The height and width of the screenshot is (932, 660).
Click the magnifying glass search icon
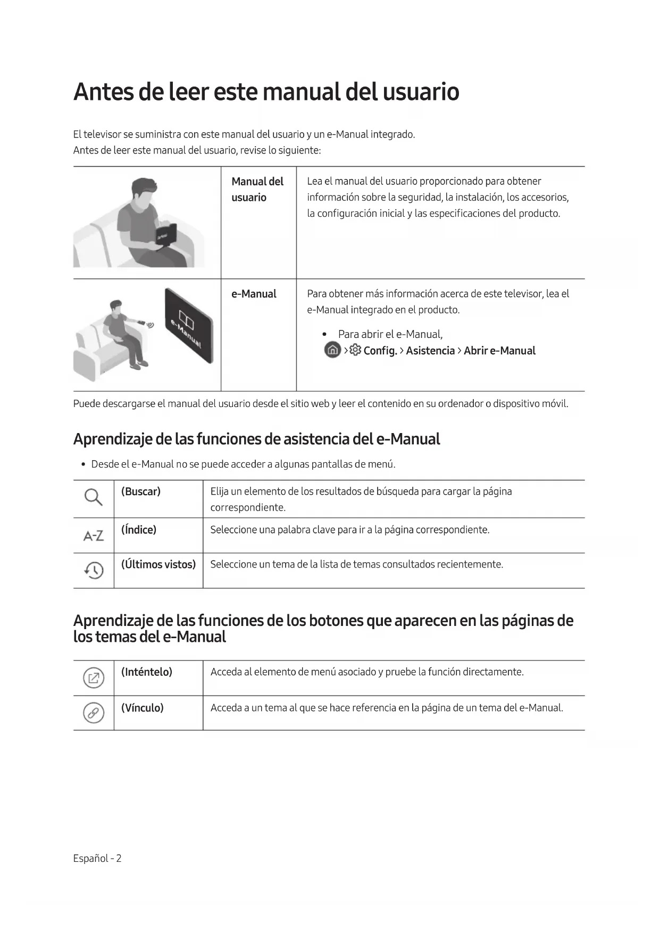tap(93, 497)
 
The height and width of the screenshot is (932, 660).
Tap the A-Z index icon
tap(94, 536)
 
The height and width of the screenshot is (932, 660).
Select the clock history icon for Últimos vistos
tap(94, 570)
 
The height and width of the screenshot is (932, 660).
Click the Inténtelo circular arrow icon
tap(94, 678)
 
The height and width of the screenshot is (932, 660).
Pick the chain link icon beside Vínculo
tap(94, 713)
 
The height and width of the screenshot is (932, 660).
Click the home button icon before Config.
tap(332, 350)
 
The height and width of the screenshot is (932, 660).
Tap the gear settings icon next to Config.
tap(355, 350)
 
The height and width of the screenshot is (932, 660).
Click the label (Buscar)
tap(141, 492)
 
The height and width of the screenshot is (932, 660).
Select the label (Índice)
tap(139, 530)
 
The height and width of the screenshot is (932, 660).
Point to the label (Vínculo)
tap(143, 708)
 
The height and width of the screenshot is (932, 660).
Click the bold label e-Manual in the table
tap(254, 294)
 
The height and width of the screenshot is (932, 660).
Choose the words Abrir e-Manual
tap(499, 351)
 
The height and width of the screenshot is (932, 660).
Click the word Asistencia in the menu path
tap(430, 351)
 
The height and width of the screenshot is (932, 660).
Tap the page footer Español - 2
tap(97, 858)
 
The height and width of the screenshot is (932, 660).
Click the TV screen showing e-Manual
tap(189, 326)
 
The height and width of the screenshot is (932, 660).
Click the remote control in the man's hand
tap(141, 322)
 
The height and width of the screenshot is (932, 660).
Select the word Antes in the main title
tap(103, 91)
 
